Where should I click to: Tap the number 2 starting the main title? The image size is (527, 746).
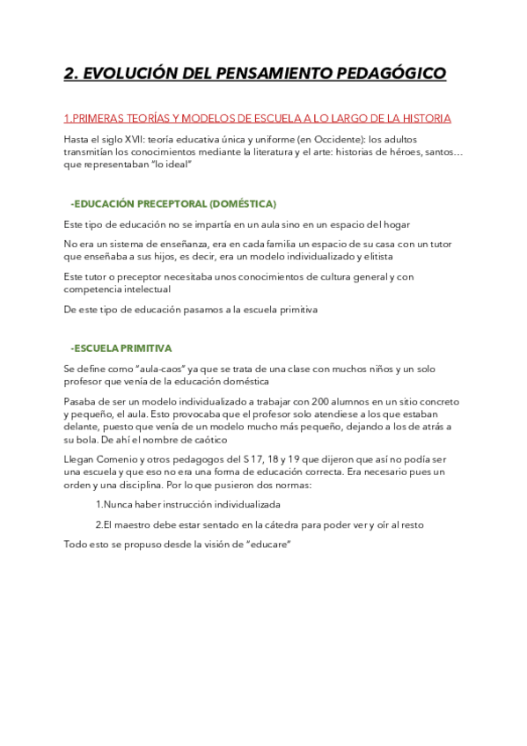[70, 73]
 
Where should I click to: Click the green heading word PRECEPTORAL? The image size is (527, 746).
[172, 203]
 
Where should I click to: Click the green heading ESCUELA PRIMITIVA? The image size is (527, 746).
[124, 348]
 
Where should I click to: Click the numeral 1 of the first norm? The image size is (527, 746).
[98, 505]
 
